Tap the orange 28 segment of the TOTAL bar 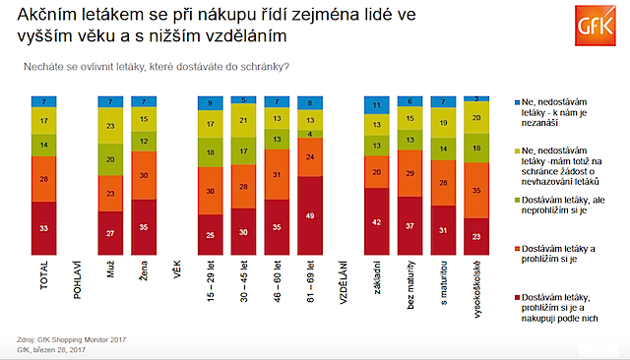pyautogui.click(x=43, y=180)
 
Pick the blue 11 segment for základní pyautogui.click(x=376, y=104)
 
